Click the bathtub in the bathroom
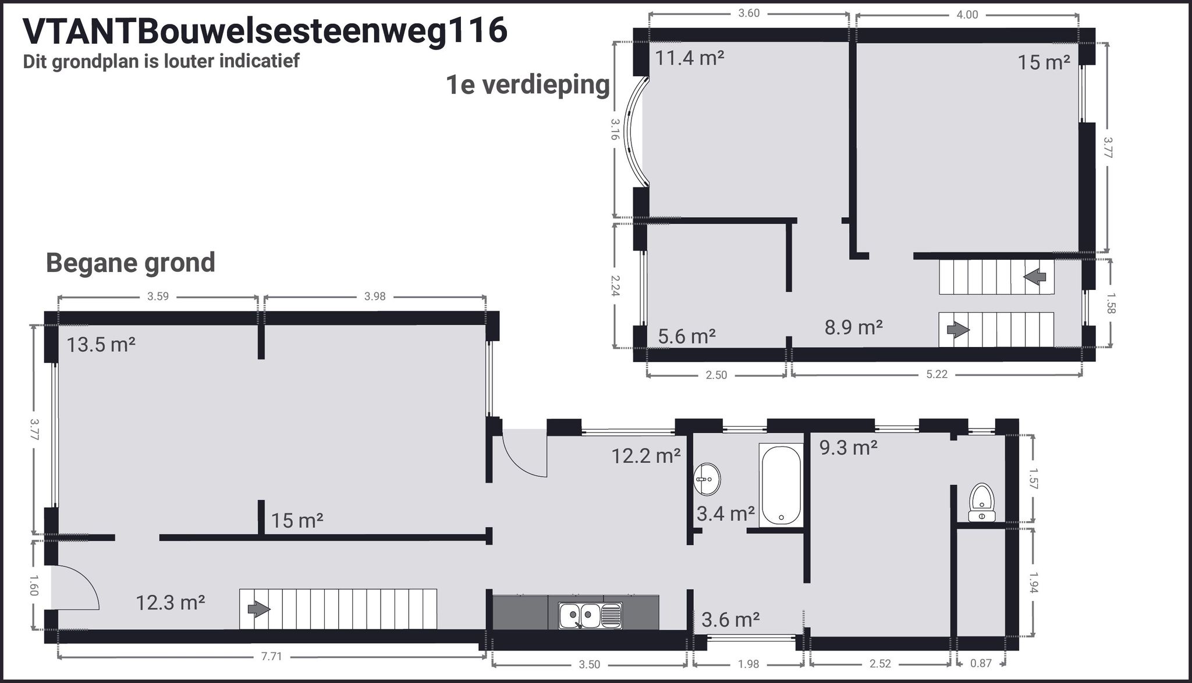781,484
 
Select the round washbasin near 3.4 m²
707,480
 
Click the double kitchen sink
590,615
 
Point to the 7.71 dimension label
271,657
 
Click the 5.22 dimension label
936,374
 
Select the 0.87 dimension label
981,663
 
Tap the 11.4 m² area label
690,58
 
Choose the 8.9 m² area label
853,327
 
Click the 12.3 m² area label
170,602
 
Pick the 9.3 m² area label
848,447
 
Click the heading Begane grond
130,263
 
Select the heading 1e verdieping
527,84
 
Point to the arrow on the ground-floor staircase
259,610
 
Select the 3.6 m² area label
730,620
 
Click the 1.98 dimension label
748,663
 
